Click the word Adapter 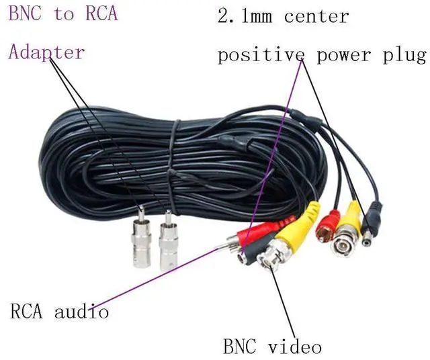pos(46,52)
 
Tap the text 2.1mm pos(244,16)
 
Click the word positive pos(257,55)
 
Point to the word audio pos(81,312)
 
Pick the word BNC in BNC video pos(240,347)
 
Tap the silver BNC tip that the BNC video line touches pos(271,259)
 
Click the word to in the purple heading pos(64,14)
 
